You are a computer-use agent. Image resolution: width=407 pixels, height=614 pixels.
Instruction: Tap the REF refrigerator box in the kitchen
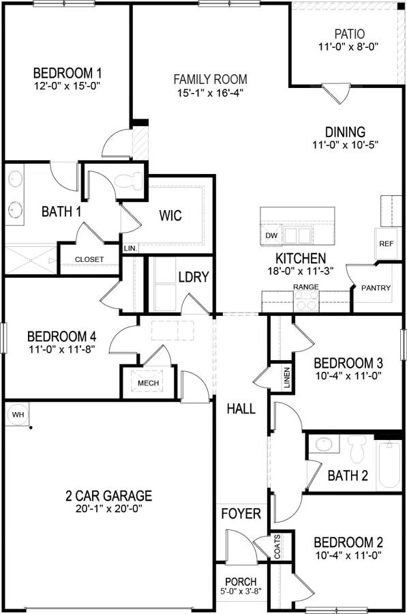387,244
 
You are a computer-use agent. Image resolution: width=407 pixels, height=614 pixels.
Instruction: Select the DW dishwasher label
271,235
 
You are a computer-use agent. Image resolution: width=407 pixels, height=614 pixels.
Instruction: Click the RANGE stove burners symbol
306,301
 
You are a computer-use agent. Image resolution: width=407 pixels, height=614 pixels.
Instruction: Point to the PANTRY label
376,288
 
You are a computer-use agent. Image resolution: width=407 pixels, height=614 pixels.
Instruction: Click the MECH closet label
148,383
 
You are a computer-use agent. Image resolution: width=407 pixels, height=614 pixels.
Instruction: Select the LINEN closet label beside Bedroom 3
287,377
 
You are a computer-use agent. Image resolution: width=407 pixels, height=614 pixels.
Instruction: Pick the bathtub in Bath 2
389,465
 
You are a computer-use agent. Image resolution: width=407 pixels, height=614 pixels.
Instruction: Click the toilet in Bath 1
127,181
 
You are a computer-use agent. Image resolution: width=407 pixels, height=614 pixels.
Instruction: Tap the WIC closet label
170,216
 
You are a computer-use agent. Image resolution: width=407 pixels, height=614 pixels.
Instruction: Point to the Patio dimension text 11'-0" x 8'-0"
348,47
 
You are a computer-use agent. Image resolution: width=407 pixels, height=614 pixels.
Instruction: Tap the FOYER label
241,513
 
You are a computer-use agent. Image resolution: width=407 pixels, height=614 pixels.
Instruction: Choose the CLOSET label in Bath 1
89,259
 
